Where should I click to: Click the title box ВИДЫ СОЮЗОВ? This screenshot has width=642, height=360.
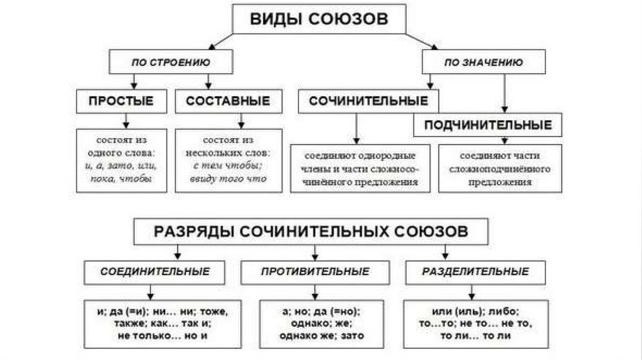coord(319,19)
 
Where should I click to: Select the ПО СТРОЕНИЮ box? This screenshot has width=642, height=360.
coord(171,62)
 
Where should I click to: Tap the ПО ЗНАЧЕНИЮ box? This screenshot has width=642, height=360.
coord(483,62)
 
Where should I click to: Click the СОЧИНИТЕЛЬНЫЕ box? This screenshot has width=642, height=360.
coord(368,101)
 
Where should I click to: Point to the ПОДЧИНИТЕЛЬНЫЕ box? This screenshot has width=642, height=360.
coord(488,125)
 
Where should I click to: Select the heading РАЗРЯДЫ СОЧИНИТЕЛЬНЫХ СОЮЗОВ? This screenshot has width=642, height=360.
coord(310,231)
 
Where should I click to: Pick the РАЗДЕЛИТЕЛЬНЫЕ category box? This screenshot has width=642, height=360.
coord(475,272)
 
